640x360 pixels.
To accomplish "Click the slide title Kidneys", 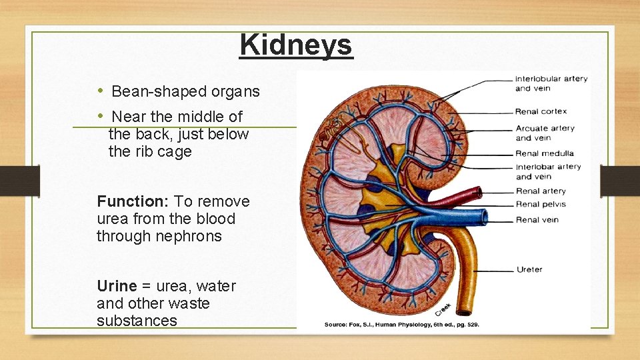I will click(295, 45).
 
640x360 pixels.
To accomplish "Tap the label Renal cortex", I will click(541, 111).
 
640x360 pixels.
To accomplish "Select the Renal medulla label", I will click(545, 153).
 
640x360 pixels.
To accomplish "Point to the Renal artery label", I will click(541, 191).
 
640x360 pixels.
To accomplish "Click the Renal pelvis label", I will click(541, 205).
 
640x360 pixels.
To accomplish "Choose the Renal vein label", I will click(537, 219).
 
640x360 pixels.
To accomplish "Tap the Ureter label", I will click(529, 270).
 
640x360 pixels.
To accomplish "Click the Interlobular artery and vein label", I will click(551, 83).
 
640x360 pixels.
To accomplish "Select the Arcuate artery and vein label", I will click(545, 133).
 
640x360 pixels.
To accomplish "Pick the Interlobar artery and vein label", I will click(548, 171).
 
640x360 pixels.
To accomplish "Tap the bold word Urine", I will click(116, 286).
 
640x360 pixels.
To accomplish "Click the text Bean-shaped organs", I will click(185, 91).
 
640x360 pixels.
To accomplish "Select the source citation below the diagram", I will click(401, 325).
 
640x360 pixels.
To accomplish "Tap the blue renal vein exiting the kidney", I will click(467, 217).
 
